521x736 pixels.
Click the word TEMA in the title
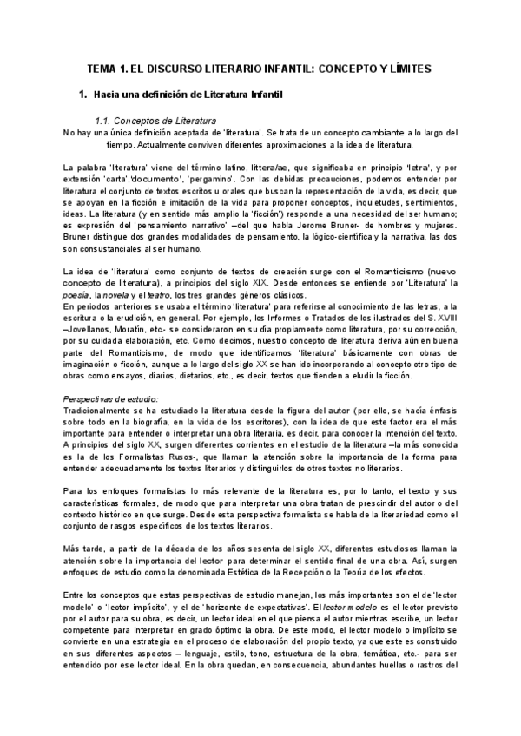pyautogui.click(x=109, y=67)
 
